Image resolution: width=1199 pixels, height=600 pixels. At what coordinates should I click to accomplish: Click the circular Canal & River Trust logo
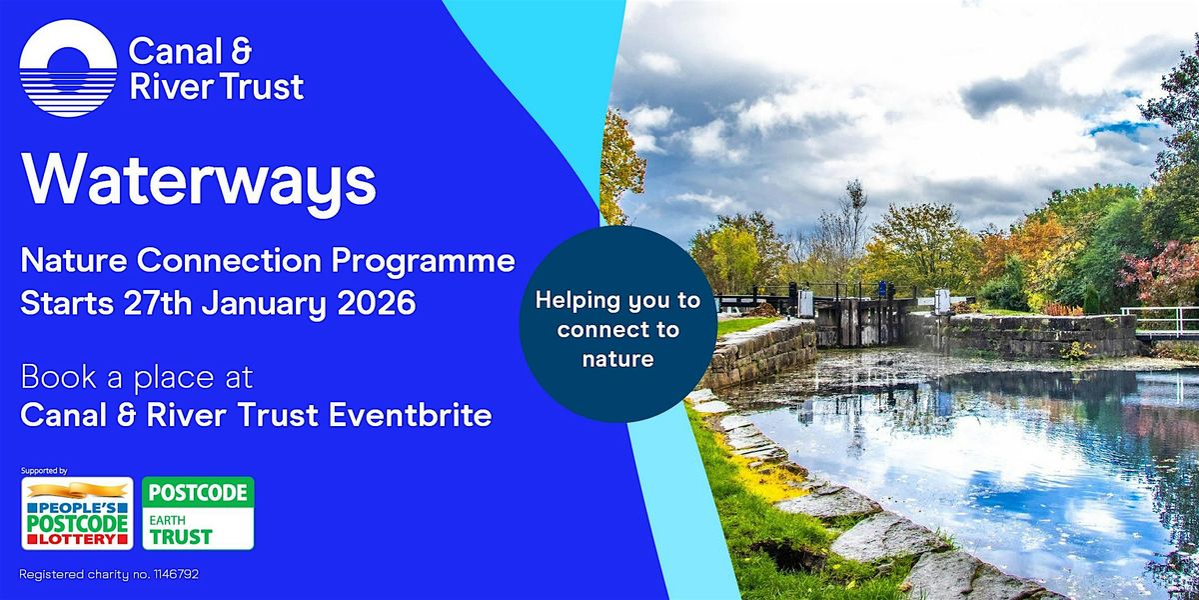coord(68,68)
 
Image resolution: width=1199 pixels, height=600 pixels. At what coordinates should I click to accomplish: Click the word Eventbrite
coord(410,415)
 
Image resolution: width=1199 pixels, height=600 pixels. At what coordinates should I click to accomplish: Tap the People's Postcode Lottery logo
coord(77,514)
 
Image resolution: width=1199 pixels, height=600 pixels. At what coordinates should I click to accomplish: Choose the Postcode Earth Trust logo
coord(198,514)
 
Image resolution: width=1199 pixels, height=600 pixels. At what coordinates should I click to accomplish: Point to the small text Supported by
coord(44,471)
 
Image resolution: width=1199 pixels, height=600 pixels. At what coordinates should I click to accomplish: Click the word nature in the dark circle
coord(618,359)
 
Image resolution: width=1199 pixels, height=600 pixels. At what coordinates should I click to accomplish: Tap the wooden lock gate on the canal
coord(860,320)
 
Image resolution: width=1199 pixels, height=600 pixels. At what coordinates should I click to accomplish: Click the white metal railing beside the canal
coord(1159,321)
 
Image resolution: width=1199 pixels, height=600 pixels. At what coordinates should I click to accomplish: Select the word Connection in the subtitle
coord(229,261)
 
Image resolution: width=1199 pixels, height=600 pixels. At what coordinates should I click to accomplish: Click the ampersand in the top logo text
coord(242,51)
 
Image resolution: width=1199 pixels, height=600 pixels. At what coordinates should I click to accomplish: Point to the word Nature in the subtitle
coord(74,261)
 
